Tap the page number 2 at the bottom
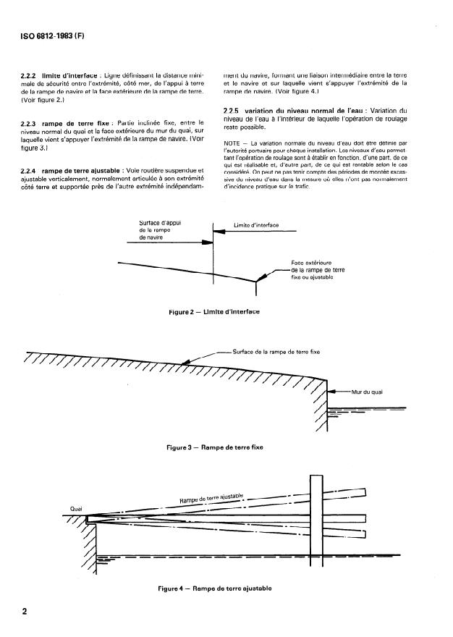click(x=25, y=611)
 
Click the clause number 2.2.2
click(x=33, y=75)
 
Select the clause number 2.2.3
click(x=33, y=124)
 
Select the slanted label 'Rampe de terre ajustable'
click(x=211, y=499)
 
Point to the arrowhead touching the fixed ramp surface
click(x=186, y=361)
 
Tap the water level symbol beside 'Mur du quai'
click(x=340, y=412)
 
